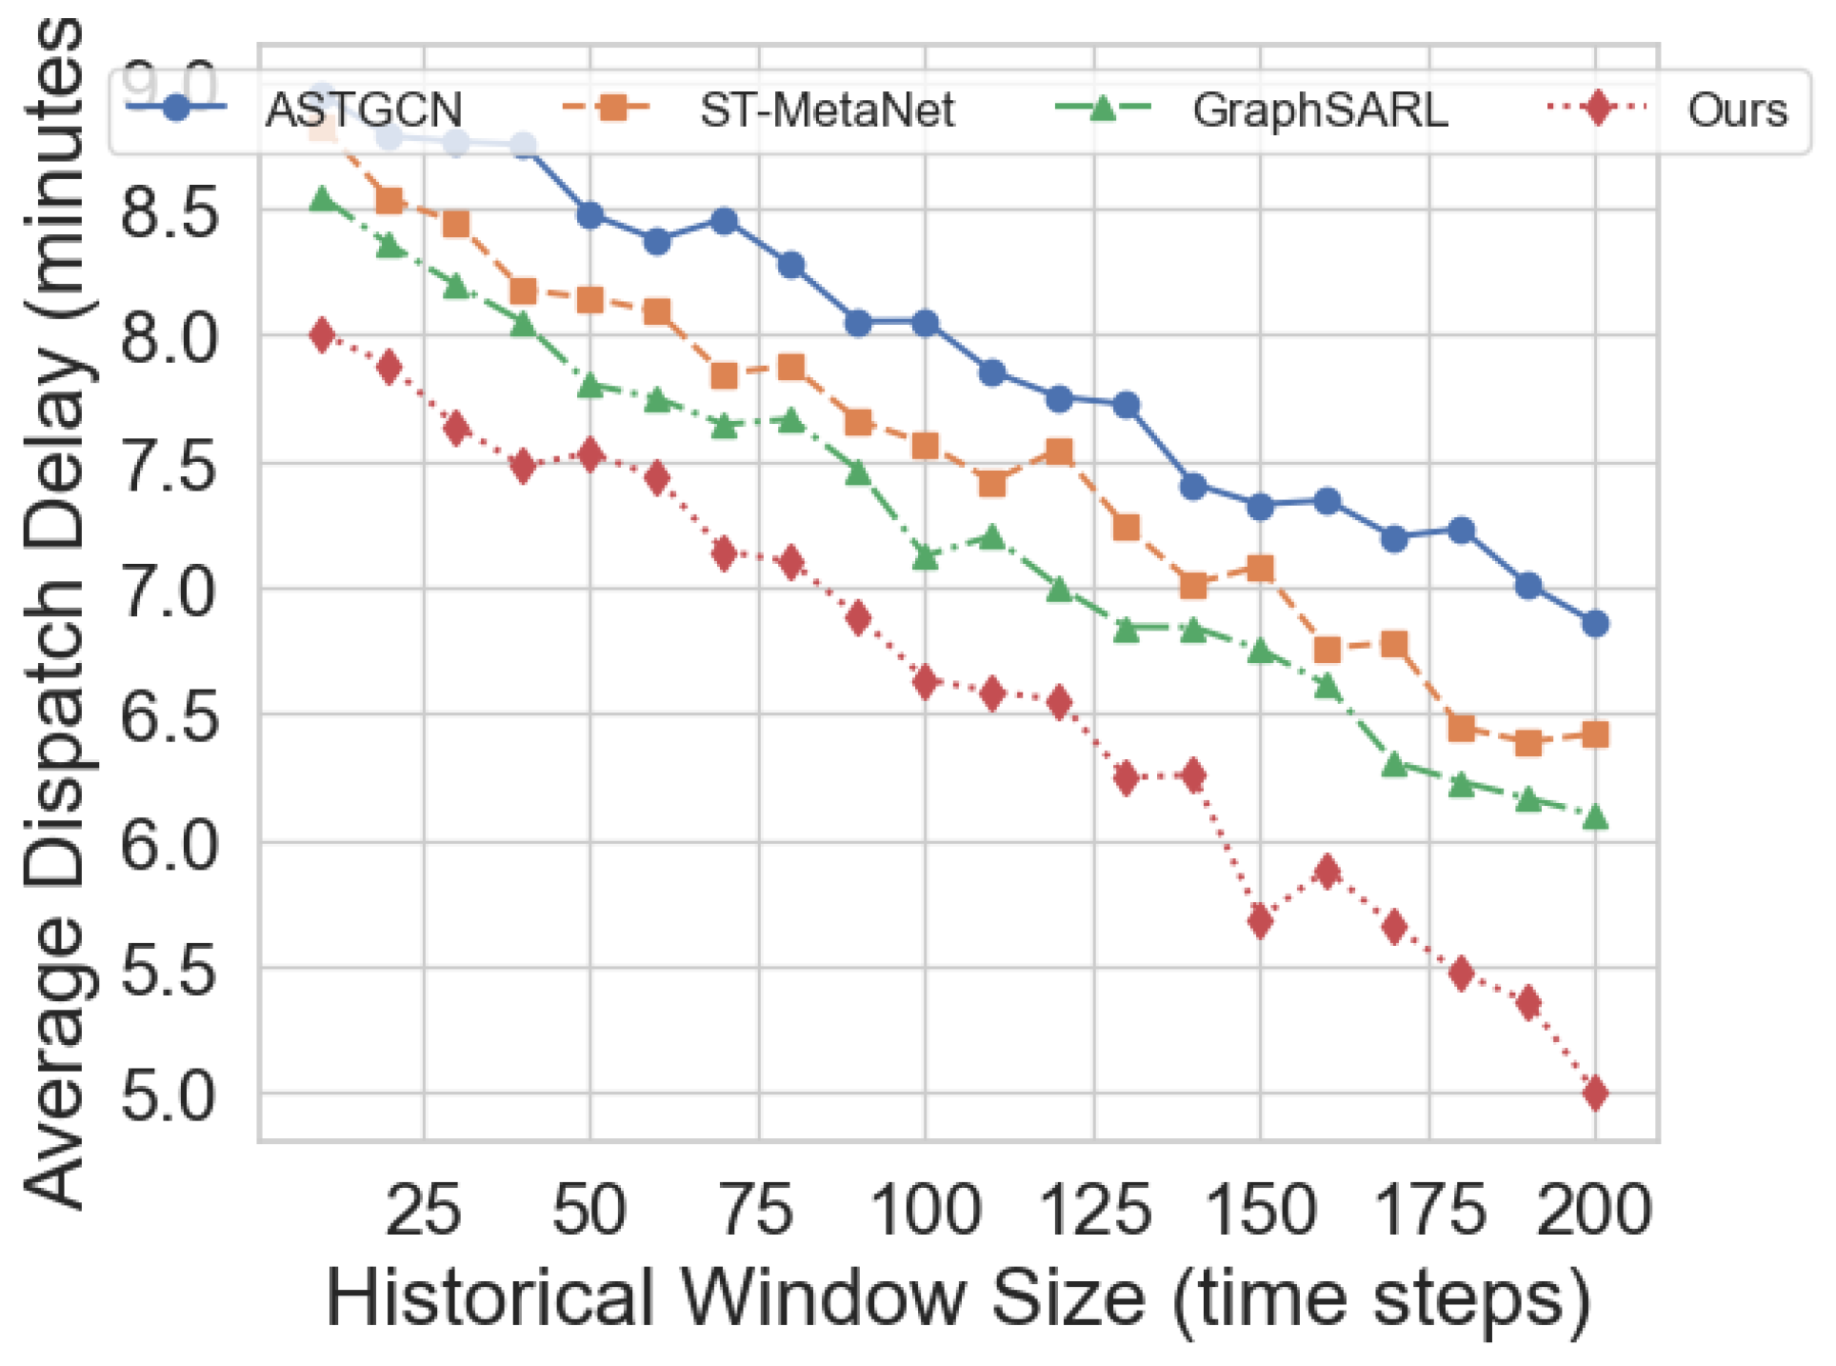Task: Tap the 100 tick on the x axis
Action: point(926,1210)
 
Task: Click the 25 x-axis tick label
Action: point(424,1210)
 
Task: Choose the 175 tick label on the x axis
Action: point(1430,1210)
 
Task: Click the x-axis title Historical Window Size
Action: point(958,1297)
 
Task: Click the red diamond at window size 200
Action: point(1596,1093)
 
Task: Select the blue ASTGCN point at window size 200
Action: point(1596,624)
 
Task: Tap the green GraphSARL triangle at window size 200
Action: point(1596,816)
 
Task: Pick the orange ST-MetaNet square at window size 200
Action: point(1596,734)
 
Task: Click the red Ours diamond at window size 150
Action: point(1261,920)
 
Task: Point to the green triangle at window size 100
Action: point(926,556)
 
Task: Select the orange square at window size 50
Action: point(590,300)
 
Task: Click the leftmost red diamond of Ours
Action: point(323,335)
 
